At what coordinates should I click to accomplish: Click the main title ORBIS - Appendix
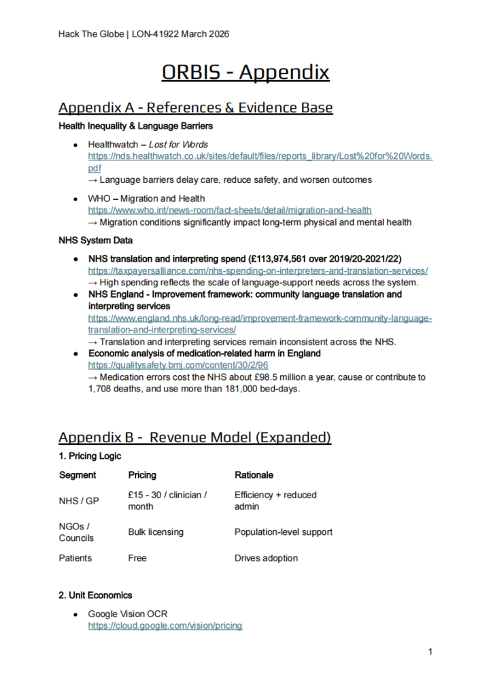click(245, 73)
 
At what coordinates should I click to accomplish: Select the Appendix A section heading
click(196, 107)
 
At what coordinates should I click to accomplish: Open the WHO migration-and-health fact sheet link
click(230, 210)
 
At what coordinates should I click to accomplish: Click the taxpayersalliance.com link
click(258, 271)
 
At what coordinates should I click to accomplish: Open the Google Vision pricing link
click(165, 625)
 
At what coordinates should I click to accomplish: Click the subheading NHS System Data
click(96, 240)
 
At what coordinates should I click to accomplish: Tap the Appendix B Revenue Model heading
click(194, 437)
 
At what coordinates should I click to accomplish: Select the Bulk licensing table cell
click(156, 532)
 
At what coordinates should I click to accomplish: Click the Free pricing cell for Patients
click(138, 558)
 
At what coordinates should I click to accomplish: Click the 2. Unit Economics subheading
click(95, 595)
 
